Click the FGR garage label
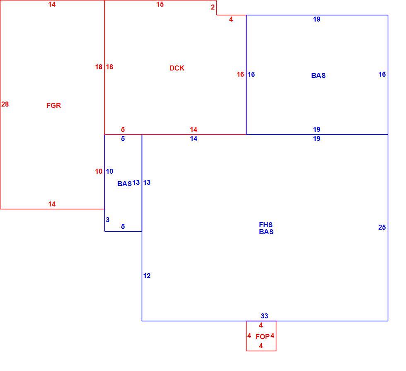click(53, 105)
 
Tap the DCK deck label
click(177, 68)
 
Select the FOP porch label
click(262, 337)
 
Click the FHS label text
click(266, 225)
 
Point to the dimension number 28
click(5, 104)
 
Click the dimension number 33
click(264, 316)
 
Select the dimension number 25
click(382, 227)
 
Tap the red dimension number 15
click(160, 5)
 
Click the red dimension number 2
click(213, 7)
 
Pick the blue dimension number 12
click(147, 276)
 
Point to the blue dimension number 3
click(108, 220)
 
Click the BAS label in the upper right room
click(319, 75)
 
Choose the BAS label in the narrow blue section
click(125, 184)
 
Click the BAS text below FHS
click(266, 232)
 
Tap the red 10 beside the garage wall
click(99, 171)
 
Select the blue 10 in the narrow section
click(109, 171)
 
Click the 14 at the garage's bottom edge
click(52, 204)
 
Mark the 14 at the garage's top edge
click(52, 5)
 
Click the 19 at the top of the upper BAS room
click(317, 19)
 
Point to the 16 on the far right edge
click(382, 74)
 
